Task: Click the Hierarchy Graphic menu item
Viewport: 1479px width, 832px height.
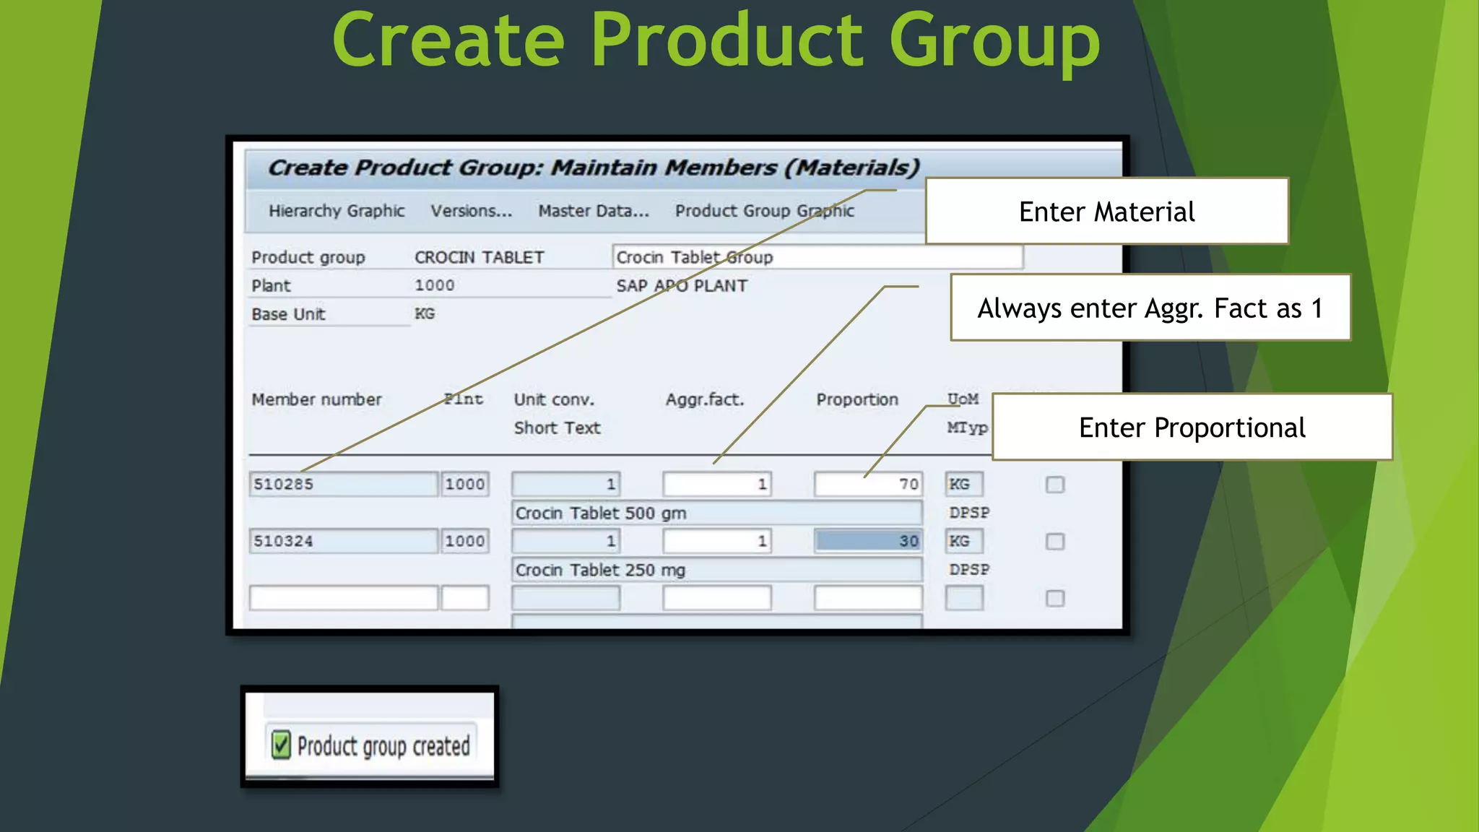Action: (x=337, y=211)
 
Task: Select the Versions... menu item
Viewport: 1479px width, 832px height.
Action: (x=472, y=211)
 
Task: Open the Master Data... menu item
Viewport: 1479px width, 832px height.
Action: (x=594, y=211)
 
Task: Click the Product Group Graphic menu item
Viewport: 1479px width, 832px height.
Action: (x=764, y=211)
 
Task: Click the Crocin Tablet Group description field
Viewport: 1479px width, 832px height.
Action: (x=816, y=257)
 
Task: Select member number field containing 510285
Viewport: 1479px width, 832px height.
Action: (x=343, y=484)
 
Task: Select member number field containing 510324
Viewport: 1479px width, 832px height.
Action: (x=343, y=541)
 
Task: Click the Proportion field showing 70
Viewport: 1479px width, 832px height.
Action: (x=867, y=484)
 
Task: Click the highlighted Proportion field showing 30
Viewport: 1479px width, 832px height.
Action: (x=867, y=541)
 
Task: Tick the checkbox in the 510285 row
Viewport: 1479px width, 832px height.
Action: (x=1055, y=485)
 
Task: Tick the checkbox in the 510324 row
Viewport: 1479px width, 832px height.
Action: (x=1055, y=542)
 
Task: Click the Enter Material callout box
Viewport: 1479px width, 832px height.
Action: (x=1106, y=212)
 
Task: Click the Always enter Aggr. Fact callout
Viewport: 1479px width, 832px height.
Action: (x=1150, y=308)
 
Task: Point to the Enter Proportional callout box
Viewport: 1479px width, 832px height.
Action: (x=1192, y=428)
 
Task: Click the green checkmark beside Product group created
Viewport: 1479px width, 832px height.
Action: (x=281, y=745)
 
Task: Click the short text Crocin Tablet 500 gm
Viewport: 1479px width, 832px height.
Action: (x=601, y=513)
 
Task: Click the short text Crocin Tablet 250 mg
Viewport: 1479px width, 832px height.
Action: (x=601, y=570)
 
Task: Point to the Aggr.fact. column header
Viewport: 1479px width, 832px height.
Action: (x=704, y=399)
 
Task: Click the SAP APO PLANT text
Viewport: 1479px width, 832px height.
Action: (x=681, y=285)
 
